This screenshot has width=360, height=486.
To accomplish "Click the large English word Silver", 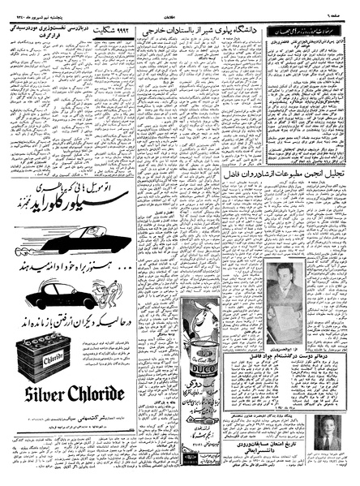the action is (x=44, y=394).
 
